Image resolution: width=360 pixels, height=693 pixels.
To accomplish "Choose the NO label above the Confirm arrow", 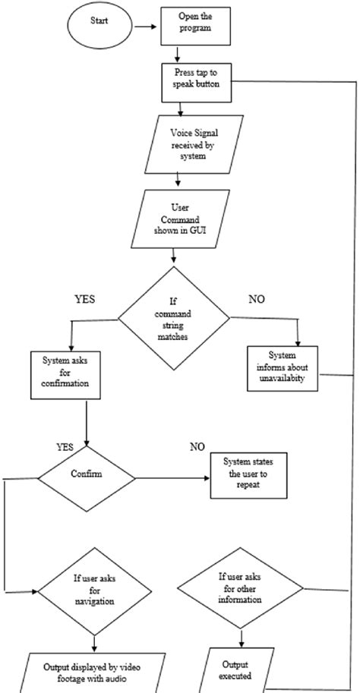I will pos(197,446).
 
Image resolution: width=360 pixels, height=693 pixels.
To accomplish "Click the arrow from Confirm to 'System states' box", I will pos(172,479).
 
